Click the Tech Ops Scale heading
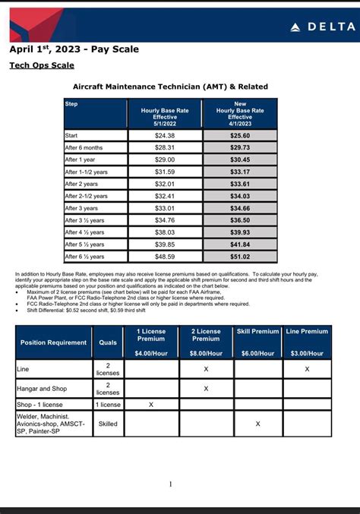pyautogui.click(x=42, y=66)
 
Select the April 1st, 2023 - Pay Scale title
pyautogui.click(x=74, y=49)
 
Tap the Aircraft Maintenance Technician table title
pyautogui.click(x=170, y=87)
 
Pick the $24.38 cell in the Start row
pyautogui.click(x=165, y=135)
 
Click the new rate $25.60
pyautogui.click(x=240, y=135)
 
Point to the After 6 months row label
pyautogui.click(x=84, y=147)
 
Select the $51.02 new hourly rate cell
pyautogui.click(x=240, y=257)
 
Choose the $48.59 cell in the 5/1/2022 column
pyautogui.click(x=165, y=257)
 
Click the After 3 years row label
pyautogui.click(x=81, y=208)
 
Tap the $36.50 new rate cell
pyautogui.click(x=240, y=220)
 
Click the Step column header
pyautogui.click(x=71, y=104)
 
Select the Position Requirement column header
pyautogui.click(x=54, y=342)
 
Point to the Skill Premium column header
pyautogui.click(x=257, y=332)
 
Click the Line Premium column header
pyautogui.click(x=307, y=332)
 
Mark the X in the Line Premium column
pyautogui.click(x=307, y=369)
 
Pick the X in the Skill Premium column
pyautogui.click(x=257, y=424)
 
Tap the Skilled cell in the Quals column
pyautogui.click(x=108, y=424)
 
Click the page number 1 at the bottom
pyautogui.click(x=171, y=484)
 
